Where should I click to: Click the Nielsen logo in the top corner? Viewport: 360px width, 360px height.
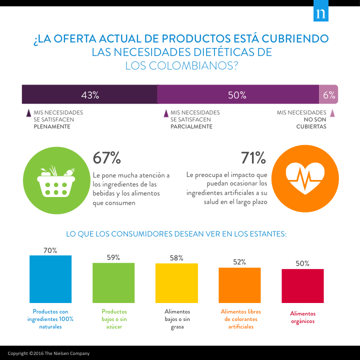point(320,14)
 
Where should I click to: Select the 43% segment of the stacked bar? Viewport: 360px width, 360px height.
point(90,94)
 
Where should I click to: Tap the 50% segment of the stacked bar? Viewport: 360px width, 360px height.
point(238,94)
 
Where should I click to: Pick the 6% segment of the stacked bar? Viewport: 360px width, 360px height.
point(328,94)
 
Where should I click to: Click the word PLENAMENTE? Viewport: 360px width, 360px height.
point(51,126)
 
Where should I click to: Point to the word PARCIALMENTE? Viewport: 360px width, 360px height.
point(191,126)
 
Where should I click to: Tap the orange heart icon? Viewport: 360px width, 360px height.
point(305,179)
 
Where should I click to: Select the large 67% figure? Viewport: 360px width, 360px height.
point(107,158)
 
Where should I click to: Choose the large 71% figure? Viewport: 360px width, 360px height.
point(253,158)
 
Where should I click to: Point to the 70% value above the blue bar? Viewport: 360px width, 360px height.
point(50,250)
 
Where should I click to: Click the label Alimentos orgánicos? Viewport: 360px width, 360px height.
point(302,317)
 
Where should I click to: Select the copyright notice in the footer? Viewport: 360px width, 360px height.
point(48,353)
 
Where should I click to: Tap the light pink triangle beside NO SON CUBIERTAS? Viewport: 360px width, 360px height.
point(332,113)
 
